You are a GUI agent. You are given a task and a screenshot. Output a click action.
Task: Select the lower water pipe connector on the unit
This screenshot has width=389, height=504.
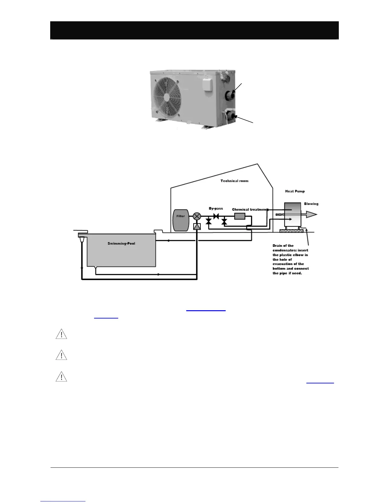tap(231, 116)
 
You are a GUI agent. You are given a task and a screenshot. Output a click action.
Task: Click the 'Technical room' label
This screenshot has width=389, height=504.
tap(235, 181)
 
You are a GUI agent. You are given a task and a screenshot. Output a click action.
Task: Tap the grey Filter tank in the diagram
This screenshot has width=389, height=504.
tap(181, 220)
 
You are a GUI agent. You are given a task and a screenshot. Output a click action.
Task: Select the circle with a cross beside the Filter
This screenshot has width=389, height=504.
tap(197, 216)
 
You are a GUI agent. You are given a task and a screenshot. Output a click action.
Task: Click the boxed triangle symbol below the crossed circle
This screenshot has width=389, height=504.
tap(197, 227)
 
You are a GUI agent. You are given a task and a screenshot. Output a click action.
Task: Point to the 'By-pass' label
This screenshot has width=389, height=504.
tap(216, 208)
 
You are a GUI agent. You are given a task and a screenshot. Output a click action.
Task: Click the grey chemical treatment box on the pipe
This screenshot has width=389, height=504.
tap(240, 216)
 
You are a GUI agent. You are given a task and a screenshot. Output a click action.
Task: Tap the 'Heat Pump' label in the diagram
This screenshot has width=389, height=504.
tap(295, 191)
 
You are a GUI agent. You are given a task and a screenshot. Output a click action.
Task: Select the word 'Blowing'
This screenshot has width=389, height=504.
tap(311, 204)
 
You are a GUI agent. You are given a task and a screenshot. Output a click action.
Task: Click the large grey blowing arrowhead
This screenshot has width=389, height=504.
tap(311, 214)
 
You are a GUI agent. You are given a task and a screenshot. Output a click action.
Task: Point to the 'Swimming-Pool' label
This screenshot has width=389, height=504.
tap(121, 243)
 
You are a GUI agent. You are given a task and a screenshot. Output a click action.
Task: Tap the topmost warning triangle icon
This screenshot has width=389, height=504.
tap(61, 334)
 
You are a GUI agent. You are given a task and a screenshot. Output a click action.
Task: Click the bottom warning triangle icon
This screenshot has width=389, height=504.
tap(61, 377)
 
